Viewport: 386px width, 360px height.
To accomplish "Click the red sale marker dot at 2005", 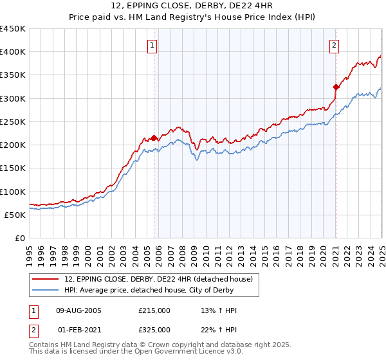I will tap(154, 138).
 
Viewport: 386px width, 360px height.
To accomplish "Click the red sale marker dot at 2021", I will tap(336, 87).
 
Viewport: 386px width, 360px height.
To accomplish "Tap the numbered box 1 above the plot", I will tap(152, 45).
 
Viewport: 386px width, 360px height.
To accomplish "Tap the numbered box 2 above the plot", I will tap(335, 45).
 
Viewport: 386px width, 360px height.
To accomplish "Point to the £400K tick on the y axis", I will tap(13, 52).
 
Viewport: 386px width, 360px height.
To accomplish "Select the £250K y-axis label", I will tap(13, 122).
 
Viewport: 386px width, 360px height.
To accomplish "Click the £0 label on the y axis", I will tap(20, 238).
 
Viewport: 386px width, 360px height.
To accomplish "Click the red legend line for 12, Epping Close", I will tap(46, 278).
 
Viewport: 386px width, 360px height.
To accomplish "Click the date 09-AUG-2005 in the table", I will tap(79, 310).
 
